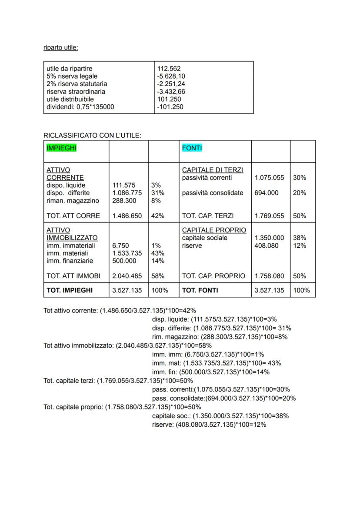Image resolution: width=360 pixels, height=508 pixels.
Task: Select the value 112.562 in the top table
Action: pyautogui.click(x=168, y=69)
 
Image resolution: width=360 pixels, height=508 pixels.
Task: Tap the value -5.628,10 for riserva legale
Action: pyautogui.click(x=171, y=76)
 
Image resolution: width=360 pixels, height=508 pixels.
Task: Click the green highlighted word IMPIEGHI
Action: pyautogui.click(x=61, y=148)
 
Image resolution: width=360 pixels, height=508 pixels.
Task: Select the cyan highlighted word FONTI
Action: pyautogui.click(x=192, y=148)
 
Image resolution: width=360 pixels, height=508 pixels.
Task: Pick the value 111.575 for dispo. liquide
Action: pyautogui.click(x=124, y=185)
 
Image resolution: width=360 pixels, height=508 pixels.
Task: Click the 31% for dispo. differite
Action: pyautogui.click(x=156, y=193)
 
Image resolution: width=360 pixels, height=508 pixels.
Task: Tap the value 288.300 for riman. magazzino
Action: pyautogui.click(x=124, y=200)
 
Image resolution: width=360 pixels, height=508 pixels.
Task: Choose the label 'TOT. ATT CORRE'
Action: pyautogui.click(x=73, y=216)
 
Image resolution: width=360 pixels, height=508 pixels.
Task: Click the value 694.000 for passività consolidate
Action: pyautogui.click(x=267, y=193)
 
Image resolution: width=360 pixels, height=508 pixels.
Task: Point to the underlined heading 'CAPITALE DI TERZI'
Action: pyautogui.click(x=213, y=170)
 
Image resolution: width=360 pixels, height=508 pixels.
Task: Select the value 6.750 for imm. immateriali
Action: pyautogui.click(x=120, y=246)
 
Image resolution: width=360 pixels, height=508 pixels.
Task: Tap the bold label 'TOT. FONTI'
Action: pyautogui.click(x=200, y=290)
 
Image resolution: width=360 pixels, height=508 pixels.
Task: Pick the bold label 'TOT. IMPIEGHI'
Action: pyautogui.click(x=70, y=290)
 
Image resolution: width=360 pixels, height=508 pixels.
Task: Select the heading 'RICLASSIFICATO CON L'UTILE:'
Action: pyautogui.click(x=92, y=136)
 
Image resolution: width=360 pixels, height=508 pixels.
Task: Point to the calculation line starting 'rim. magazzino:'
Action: pyautogui.click(x=220, y=337)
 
